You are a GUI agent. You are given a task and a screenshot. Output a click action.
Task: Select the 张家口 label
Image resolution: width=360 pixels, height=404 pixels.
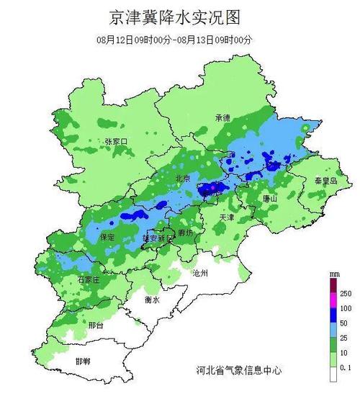(x=115, y=141)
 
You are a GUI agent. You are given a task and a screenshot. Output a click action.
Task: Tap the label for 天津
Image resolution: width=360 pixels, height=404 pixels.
(x=227, y=217)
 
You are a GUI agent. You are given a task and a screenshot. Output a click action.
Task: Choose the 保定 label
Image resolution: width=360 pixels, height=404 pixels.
(x=107, y=236)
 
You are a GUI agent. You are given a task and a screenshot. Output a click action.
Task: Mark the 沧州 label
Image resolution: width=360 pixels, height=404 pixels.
(x=199, y=274)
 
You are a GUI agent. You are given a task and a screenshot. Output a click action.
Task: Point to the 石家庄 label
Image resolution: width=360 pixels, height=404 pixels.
(x=89, y=279)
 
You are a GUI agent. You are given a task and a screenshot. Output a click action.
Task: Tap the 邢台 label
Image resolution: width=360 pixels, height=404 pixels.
(x=94, y=326)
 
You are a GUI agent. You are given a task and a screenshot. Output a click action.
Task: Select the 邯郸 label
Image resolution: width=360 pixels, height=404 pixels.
(x=82, y=360)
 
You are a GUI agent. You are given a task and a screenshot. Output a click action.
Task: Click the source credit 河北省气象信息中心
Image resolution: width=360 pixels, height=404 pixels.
(x=238, y=370)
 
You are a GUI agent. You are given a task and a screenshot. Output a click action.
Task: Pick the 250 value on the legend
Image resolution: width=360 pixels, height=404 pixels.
(x=345, y=293)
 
